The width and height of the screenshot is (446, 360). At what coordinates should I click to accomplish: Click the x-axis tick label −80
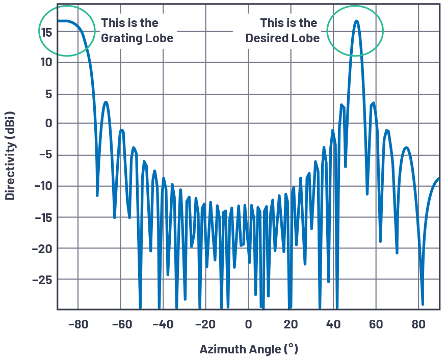[78, 324]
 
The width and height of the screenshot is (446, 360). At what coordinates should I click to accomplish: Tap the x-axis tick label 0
[248, 324]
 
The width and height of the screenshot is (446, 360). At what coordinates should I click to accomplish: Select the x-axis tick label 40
[333, 324]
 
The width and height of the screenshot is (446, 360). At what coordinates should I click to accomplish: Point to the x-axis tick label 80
[418, 324]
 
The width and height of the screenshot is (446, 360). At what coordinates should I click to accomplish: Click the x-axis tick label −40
[163, 324]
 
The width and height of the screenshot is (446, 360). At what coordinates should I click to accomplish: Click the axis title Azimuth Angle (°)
[248, 349]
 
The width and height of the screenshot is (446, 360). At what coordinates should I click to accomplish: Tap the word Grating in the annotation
[120, 39]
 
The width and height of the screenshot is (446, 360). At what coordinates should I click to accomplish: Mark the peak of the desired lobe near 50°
[356, 21]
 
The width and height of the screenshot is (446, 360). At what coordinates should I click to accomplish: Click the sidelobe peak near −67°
[106, 102]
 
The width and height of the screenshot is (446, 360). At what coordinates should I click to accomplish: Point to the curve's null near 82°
[423, 304]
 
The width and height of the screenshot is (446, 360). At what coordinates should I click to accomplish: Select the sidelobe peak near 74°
[406, 148]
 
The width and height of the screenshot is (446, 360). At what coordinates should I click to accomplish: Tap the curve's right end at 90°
[439, 178]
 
